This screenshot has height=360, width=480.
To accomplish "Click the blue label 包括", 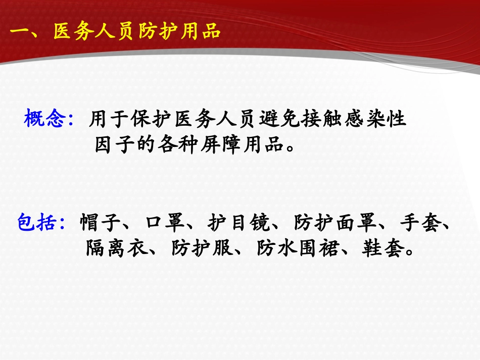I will [37, 222].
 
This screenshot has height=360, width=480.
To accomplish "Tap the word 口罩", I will [164, 222].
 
